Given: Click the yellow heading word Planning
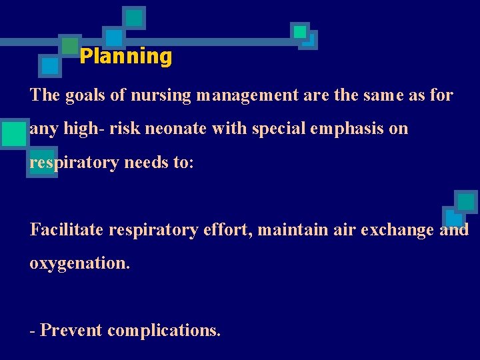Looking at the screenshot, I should tap(125, 57).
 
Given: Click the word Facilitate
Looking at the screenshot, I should tap(67, 230).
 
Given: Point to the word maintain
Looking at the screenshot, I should tap(285, 230).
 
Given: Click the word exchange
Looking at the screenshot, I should tap(395, 230).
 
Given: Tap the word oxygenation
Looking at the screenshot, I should tap(79, 264).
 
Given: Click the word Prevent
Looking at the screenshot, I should tap(71, 330).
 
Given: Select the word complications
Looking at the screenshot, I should tap(163, 330).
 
